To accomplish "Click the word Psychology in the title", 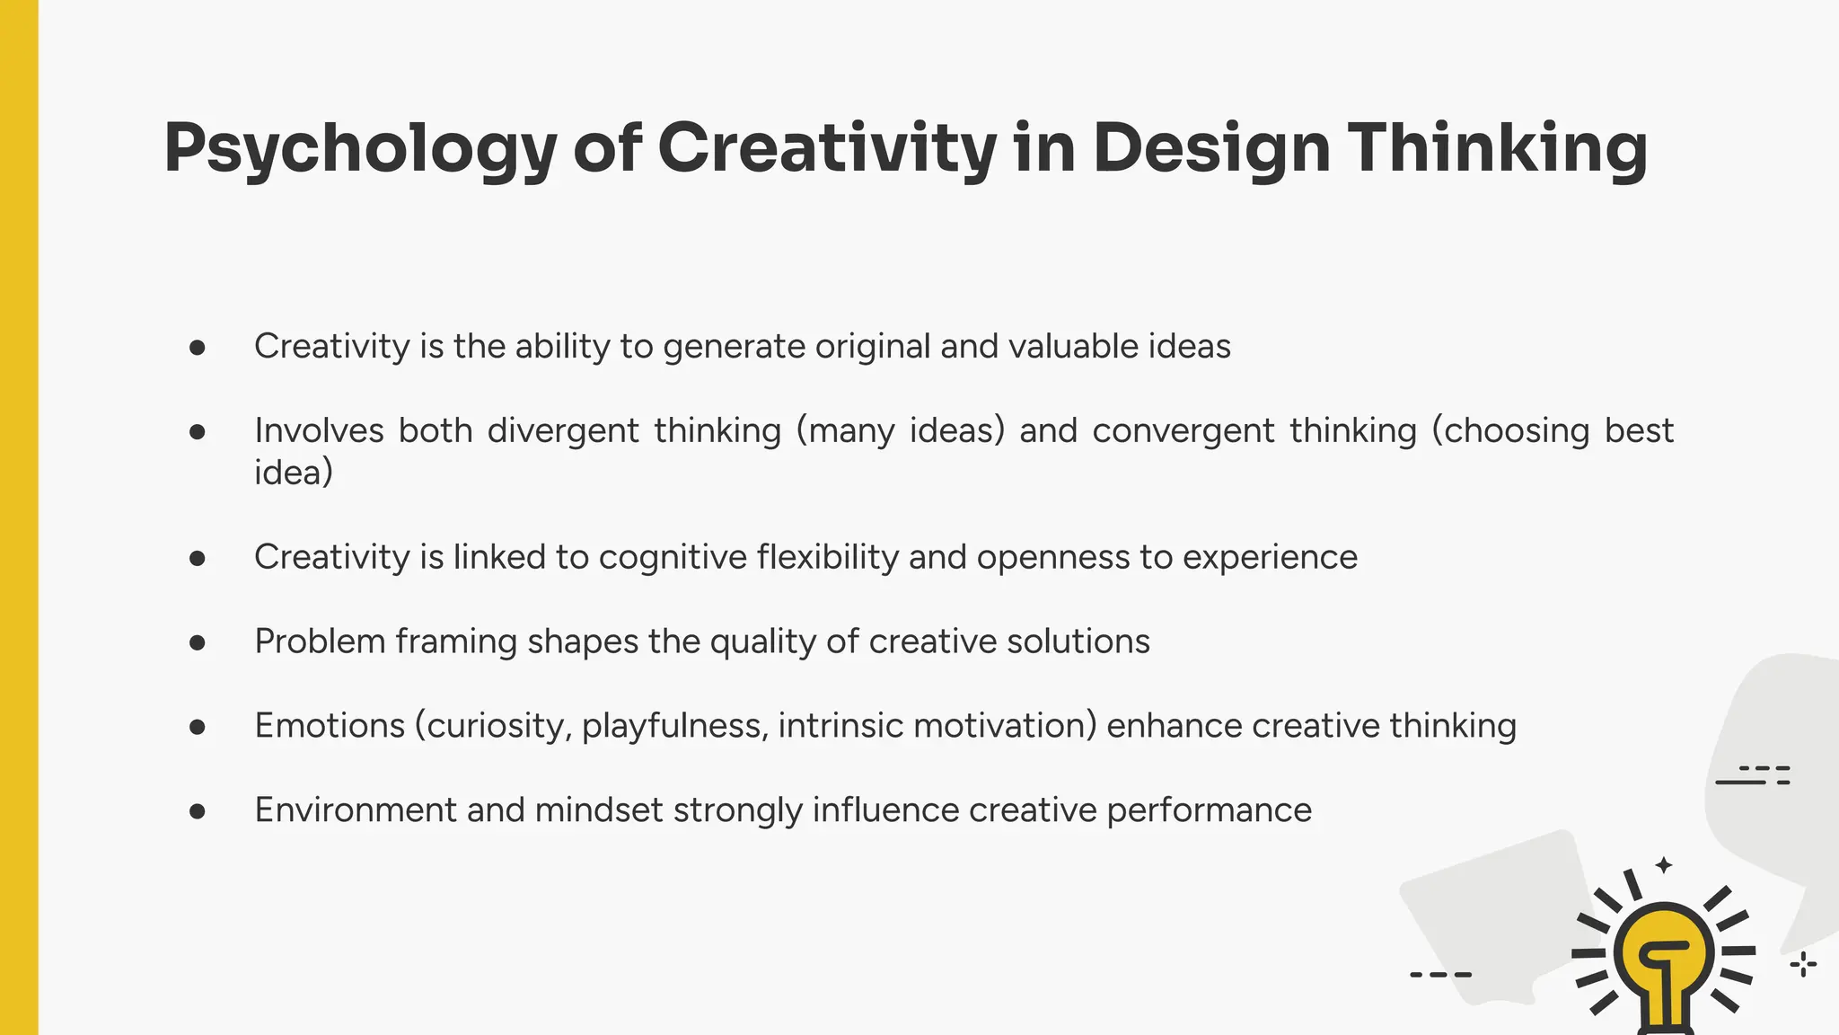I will pyautogui.click(x=359, y=149).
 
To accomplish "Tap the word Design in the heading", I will pyautogui.click(x=1211, y=149).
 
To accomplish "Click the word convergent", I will pyautogui.click(x=1183, y=431).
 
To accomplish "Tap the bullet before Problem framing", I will pyautogui.click(x=198, y=642).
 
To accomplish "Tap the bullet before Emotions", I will pyautogui.click(x=198, y=727).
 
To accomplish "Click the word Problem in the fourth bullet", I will pyautogui.click(x=320, y=641).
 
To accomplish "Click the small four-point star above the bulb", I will pyautogui.click(x=1664, y=865).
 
